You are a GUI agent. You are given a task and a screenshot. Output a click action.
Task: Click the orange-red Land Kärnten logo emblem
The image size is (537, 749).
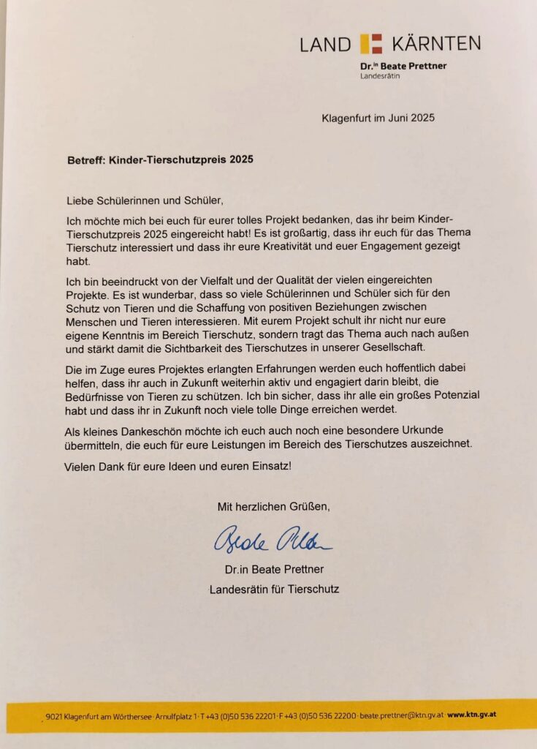click(372, 43)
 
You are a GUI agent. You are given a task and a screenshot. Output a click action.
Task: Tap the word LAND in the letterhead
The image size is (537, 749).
click(325, 44)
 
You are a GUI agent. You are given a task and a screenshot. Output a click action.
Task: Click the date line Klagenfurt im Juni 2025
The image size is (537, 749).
click(378, 117)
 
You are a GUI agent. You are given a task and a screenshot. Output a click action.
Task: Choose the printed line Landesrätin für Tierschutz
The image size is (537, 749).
click(274, 588)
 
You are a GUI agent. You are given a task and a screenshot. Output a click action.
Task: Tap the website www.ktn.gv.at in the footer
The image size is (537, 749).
click(473, 714)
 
